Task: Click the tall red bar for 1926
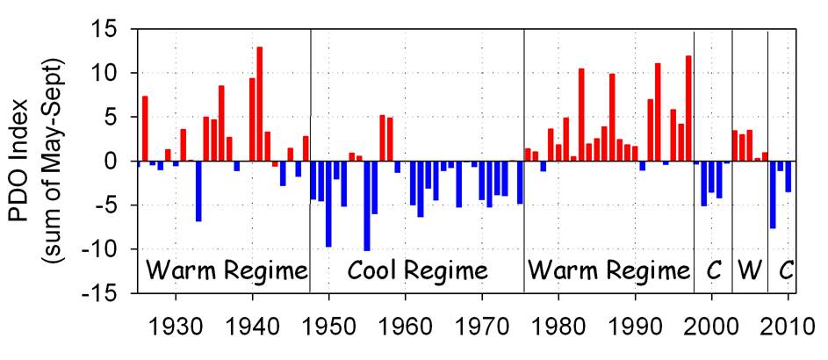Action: (x=145, y=128)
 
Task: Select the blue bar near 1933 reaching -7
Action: (x=198, y=191)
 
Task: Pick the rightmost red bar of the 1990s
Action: (x=688, y=108)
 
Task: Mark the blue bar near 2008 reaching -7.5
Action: (x=773, y=194)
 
